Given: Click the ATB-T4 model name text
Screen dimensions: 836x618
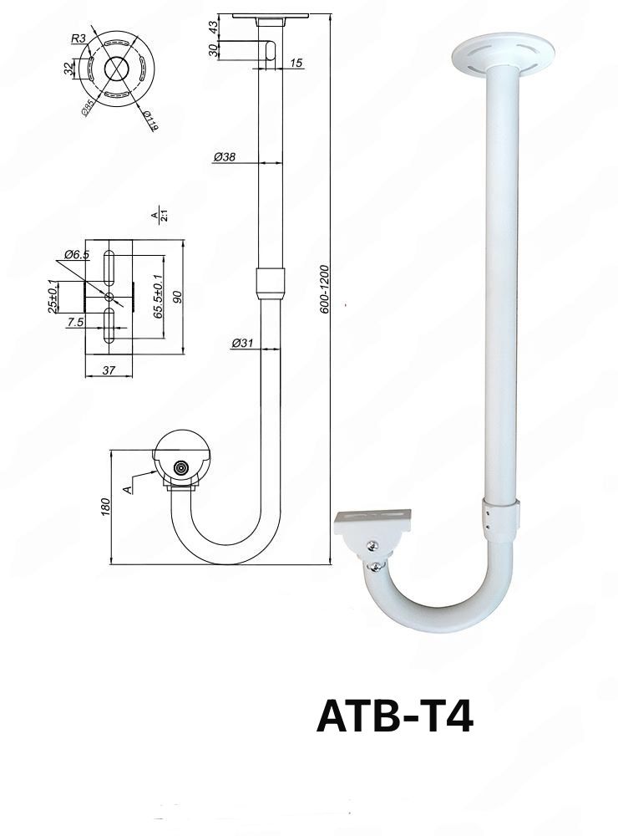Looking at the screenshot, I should [x=394, y=716].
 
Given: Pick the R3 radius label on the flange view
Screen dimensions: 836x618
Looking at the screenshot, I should [x=77, y=38].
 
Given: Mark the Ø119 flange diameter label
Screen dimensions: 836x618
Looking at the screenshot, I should [x=150, y=121].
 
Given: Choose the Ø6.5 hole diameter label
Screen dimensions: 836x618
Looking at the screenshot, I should [x=77, y=255].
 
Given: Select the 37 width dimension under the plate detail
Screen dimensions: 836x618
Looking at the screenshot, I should [x=109, y=370].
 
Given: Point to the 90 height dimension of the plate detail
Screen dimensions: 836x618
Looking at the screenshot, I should [x=177, y=296].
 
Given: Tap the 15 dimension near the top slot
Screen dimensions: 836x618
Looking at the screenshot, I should [x=296, y=64].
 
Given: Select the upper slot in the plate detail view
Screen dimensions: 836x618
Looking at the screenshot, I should [x=109, y=267].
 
